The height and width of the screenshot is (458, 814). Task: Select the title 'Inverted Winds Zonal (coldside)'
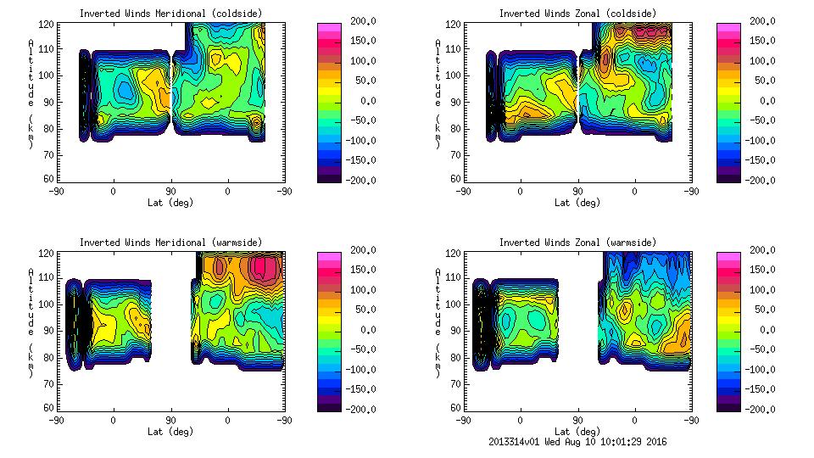tap(577, 14)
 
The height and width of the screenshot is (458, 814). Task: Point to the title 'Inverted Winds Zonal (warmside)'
tap(577, 243)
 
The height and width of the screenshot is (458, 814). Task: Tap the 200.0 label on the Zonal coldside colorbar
tap(752, 21)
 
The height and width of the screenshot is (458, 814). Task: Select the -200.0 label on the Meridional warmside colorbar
tap(353, 409)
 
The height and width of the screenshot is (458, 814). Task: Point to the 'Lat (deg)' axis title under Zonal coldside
tap(577, 203)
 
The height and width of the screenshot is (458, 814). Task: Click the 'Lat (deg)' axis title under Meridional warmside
tap(170, 432)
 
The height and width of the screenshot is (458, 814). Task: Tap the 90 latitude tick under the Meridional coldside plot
tap(170, 191)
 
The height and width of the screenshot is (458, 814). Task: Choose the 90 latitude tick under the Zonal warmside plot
tap(577, 420)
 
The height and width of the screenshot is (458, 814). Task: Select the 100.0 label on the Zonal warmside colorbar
tap(752, 290)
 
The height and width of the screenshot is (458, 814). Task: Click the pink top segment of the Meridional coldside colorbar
tap(328, 27)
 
